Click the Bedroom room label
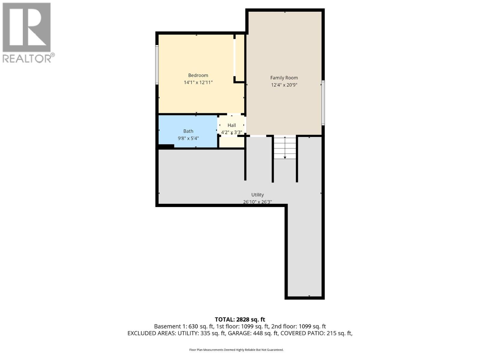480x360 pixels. (x=198, y=75)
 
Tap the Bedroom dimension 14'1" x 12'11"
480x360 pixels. (x=198, y=82)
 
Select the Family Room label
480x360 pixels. (x=284, y=78)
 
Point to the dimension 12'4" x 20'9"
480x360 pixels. (x=284, y=85)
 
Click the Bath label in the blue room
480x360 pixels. (x=188, y=131)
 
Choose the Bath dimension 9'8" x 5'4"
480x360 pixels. (x=188, y=138)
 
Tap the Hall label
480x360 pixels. (x=232, y=125)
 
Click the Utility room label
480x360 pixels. (x=257, y=195)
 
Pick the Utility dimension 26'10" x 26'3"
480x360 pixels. (x=257, y=202)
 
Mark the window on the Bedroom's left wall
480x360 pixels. (x=157, y=64)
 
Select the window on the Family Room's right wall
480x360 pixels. (x=323, y=103)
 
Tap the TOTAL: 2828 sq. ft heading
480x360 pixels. (x=240, y=319)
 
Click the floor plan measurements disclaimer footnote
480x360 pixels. (x=236, y=350)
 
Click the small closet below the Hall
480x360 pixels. (x=231, y=142)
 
